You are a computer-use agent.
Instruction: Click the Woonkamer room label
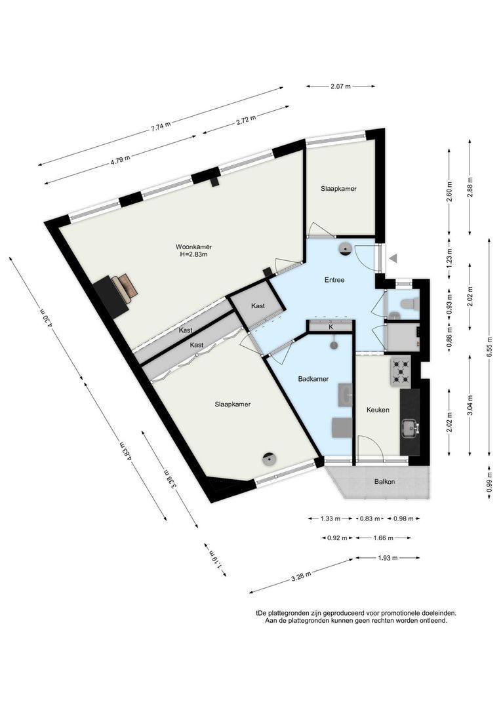click(x=194, y=247)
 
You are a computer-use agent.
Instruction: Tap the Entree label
click(x=334, y=280)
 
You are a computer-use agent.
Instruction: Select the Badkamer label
click(x=313, y=379)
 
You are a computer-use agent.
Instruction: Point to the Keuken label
click(x=378, y=410)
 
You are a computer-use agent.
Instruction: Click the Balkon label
click(x=384, y=482)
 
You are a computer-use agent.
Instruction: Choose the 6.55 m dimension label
click(x=490, y=347)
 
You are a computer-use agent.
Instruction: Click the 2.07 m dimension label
click(x=340, y=87)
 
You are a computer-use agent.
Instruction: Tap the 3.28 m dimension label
click(x=302, y=576)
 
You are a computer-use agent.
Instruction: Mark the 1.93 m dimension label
click(x=388, y=558)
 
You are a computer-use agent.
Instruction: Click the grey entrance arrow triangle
click(x=393, y=258)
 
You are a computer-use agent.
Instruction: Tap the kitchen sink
click(x=411, y=427)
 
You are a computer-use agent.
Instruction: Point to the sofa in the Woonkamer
click(x=124, y=288)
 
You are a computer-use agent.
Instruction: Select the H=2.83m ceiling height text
click(x=194, y=254)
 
